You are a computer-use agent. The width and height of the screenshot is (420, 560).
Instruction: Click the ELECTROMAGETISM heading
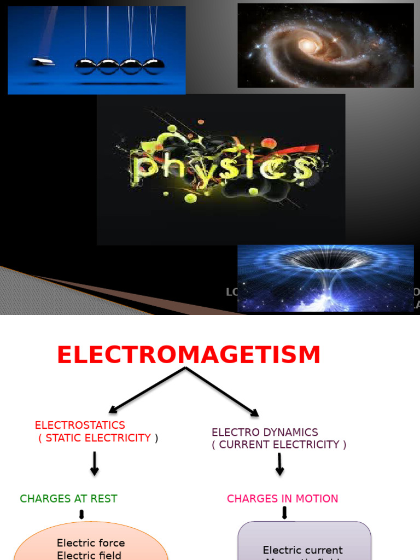point(189,355)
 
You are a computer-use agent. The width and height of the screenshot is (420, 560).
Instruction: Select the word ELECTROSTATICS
point(80,425)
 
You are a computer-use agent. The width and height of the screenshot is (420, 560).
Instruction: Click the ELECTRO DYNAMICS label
point(265,432)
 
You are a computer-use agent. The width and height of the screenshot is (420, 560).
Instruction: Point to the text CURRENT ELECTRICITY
point(279,445)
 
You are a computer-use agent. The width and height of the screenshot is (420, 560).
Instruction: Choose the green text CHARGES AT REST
point(68,499)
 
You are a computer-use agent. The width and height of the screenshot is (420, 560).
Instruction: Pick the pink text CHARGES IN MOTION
point(282,499)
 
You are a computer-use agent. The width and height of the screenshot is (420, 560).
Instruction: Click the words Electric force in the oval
point(91,543)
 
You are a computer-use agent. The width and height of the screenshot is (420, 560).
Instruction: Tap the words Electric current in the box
point(302,550)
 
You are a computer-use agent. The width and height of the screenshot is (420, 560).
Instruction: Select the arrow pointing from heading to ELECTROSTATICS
point(147,390)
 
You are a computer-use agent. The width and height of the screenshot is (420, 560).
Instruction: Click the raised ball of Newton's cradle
point(44,61)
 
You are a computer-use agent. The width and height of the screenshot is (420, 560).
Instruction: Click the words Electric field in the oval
point(91,555)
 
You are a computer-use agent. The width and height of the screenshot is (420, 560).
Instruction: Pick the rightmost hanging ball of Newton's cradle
point(153,66)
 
